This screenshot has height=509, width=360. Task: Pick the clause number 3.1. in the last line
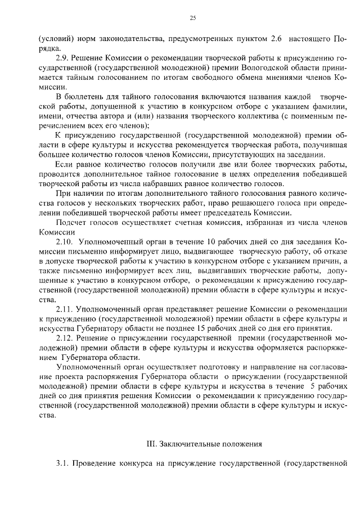pos(62,464)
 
